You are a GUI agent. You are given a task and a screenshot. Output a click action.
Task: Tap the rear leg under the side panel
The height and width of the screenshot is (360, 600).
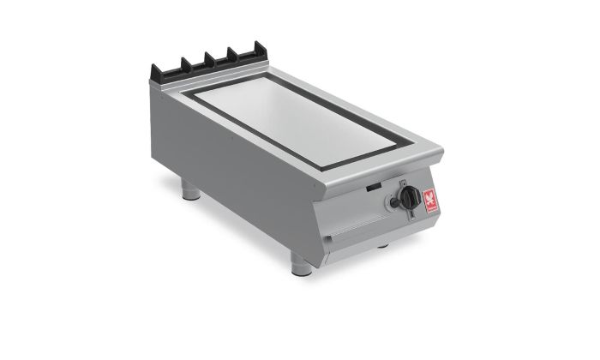pyautogui.click(x=192, y=191)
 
